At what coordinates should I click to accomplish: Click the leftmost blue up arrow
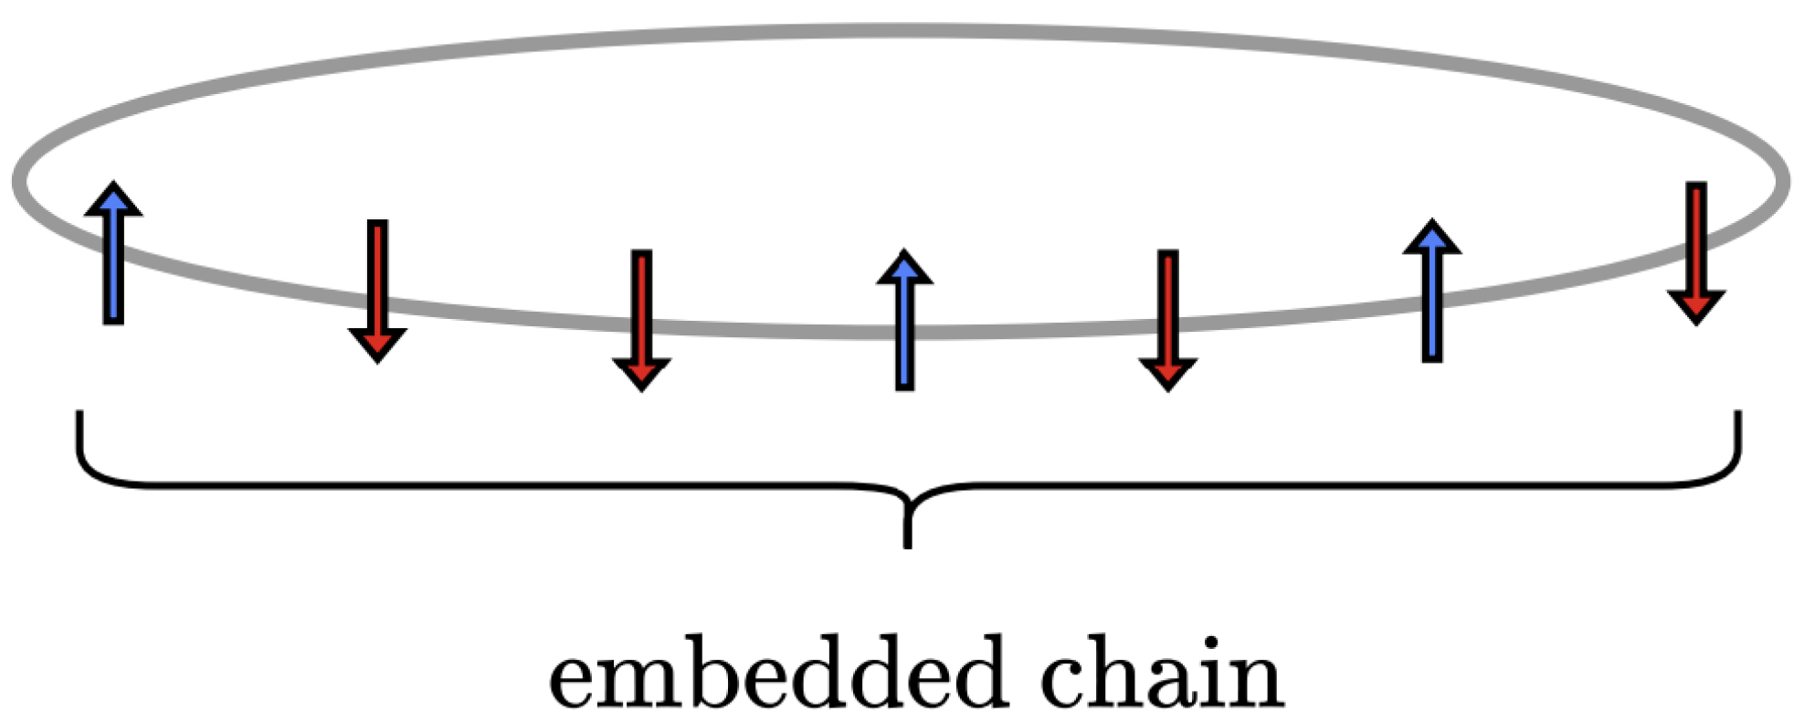tap(113, 254)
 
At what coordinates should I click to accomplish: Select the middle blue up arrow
tap(904, 322)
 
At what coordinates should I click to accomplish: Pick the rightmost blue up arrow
tap(1431, 292)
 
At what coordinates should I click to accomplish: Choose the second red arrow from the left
tap(641, 319)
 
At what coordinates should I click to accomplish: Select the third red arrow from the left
tap(1167, 319)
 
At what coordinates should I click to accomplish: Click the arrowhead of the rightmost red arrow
tap(1695, 307)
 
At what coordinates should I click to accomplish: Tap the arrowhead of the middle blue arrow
tap(904, 266)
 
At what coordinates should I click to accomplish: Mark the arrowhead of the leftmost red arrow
tap(377, 345)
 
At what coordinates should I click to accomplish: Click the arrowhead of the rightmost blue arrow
tap(1431, 237)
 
